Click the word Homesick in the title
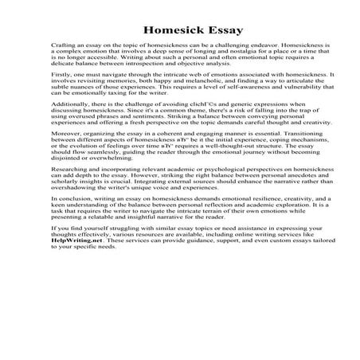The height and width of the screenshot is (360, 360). (x=161, y=32)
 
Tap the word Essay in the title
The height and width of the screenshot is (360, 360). (x=214, y=32)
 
